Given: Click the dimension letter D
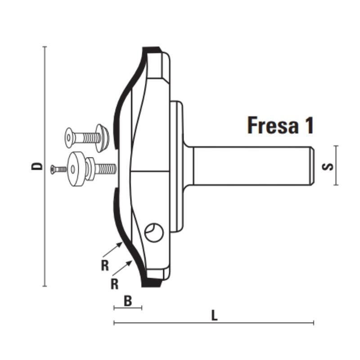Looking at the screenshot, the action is tap(37, 166).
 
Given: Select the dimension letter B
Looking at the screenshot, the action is tap(128, 301).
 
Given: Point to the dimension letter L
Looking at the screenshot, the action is tap(214, 315).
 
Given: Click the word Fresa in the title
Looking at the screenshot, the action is tap(273, 125).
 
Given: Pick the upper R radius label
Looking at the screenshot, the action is tap(105, 266).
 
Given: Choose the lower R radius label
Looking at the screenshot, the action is tap(115, 284).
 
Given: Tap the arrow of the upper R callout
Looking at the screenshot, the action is tap(113, 250).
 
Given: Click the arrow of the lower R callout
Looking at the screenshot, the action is tap(122, 268).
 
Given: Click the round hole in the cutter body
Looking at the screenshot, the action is tap(154, 232).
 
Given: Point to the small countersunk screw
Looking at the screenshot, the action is tap(58, 170).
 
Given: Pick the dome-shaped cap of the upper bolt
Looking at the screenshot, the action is tap(103, 138).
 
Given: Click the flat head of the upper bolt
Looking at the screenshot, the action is tap(69, 138).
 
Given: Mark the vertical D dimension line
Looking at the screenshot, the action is tap(45, 166).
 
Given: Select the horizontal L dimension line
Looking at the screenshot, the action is tap(214, 323).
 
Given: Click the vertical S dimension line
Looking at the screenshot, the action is tap(336, 165).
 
